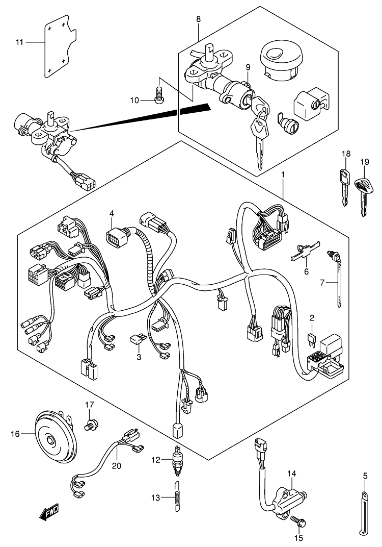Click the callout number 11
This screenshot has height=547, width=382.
[19, 42]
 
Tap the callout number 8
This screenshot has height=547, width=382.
[199, 19]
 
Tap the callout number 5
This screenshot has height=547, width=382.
[365, 476]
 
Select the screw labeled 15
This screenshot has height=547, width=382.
[296, 521]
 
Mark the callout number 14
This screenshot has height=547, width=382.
[291, 474]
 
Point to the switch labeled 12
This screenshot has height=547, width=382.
[178, 460]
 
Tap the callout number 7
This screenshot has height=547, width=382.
[322, 282]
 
